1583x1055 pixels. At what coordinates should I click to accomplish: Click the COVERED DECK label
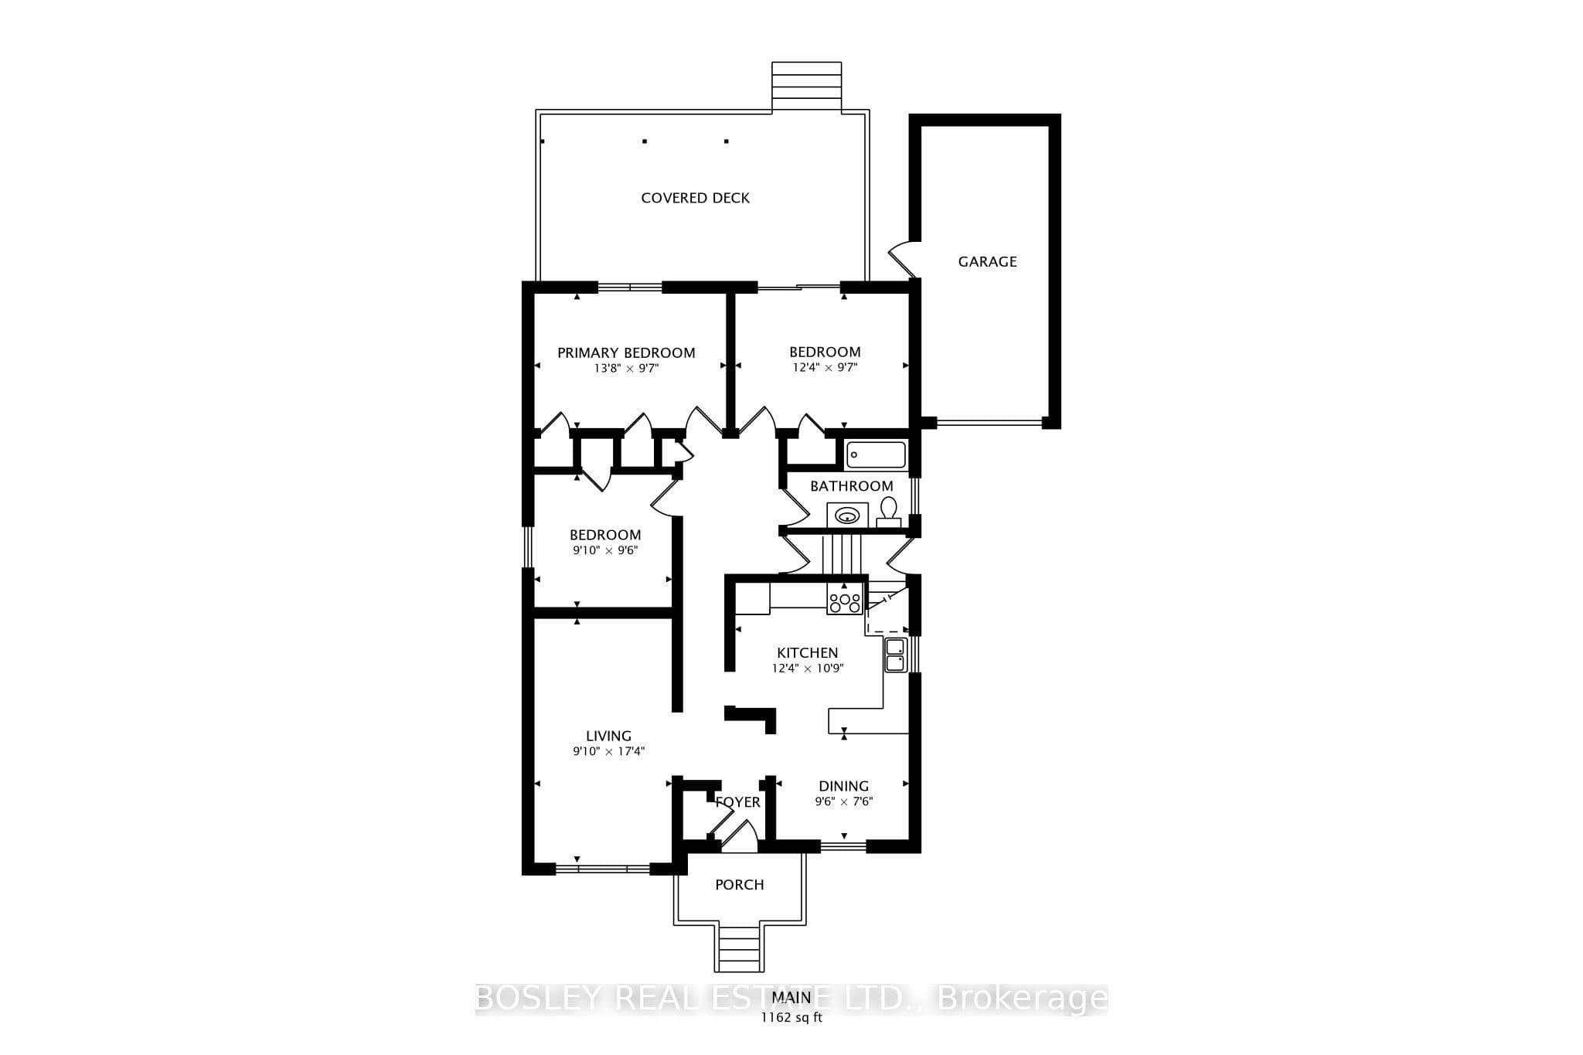695,198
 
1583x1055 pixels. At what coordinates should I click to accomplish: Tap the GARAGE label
987,261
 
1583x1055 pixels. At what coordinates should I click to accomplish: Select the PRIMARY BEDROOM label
626,352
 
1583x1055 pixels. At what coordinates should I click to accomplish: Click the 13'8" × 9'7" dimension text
626,369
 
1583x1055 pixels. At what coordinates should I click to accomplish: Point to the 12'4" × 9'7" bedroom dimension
825,369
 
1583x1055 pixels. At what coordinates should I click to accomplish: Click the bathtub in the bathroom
876,454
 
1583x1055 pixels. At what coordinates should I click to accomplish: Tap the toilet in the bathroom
889,512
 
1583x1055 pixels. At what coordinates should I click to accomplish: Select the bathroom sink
848,514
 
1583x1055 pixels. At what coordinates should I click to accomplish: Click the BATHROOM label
851,486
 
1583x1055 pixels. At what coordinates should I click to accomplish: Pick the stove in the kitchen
845,599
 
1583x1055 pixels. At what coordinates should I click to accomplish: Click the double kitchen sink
895,655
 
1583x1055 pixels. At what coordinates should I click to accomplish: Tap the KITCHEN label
807,653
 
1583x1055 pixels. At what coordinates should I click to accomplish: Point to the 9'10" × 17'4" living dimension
608,751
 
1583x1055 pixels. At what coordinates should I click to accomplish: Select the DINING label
844,786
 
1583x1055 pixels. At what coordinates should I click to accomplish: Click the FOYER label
738,802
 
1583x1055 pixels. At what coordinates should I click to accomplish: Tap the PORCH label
740,884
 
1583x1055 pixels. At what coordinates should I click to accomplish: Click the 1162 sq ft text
791,1017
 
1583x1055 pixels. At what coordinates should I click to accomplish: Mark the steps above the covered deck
806,87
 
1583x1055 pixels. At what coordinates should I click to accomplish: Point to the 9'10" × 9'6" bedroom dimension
605,551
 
